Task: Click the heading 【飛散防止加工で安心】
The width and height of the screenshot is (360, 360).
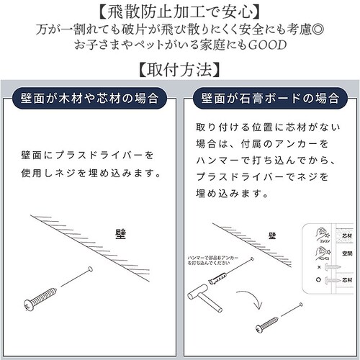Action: [179, 12]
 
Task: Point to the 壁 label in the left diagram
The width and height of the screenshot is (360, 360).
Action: [120, 233]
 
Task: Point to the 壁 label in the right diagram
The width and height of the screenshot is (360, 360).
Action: [272, 235]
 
